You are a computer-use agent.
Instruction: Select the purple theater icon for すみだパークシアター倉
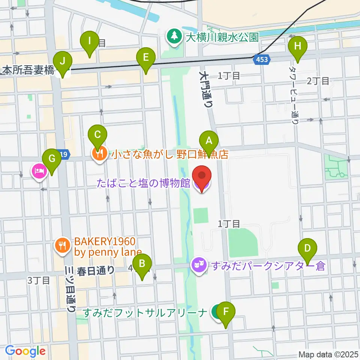click(x=199, y=265)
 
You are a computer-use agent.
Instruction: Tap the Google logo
click(x=25, y=351)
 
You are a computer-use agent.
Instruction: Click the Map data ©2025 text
click(x=328, y=354)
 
